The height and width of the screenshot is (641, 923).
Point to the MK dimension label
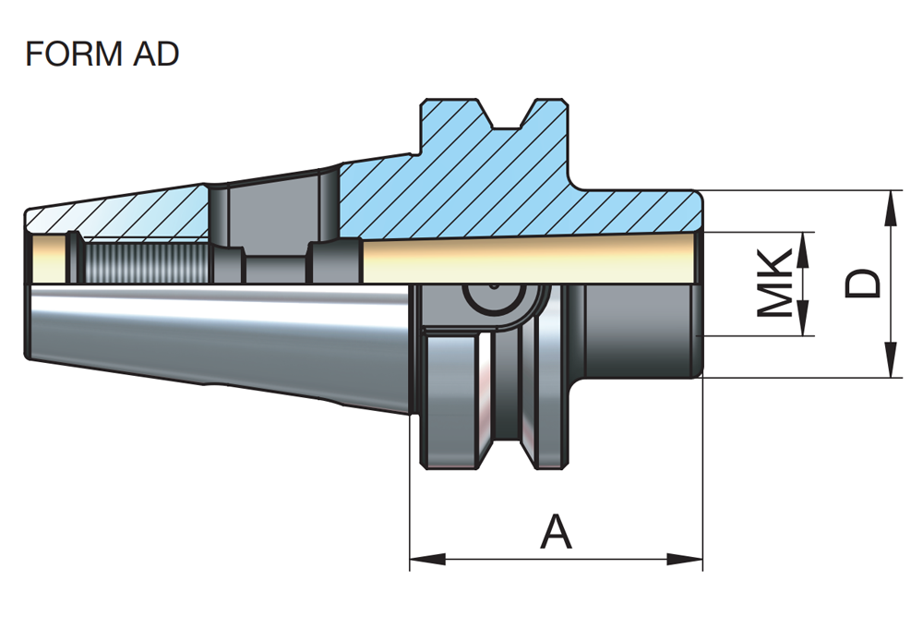pyautogui.click(x=774, y=284)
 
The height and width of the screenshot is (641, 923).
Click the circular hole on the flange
pyautogui.click(x=489, y=301)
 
